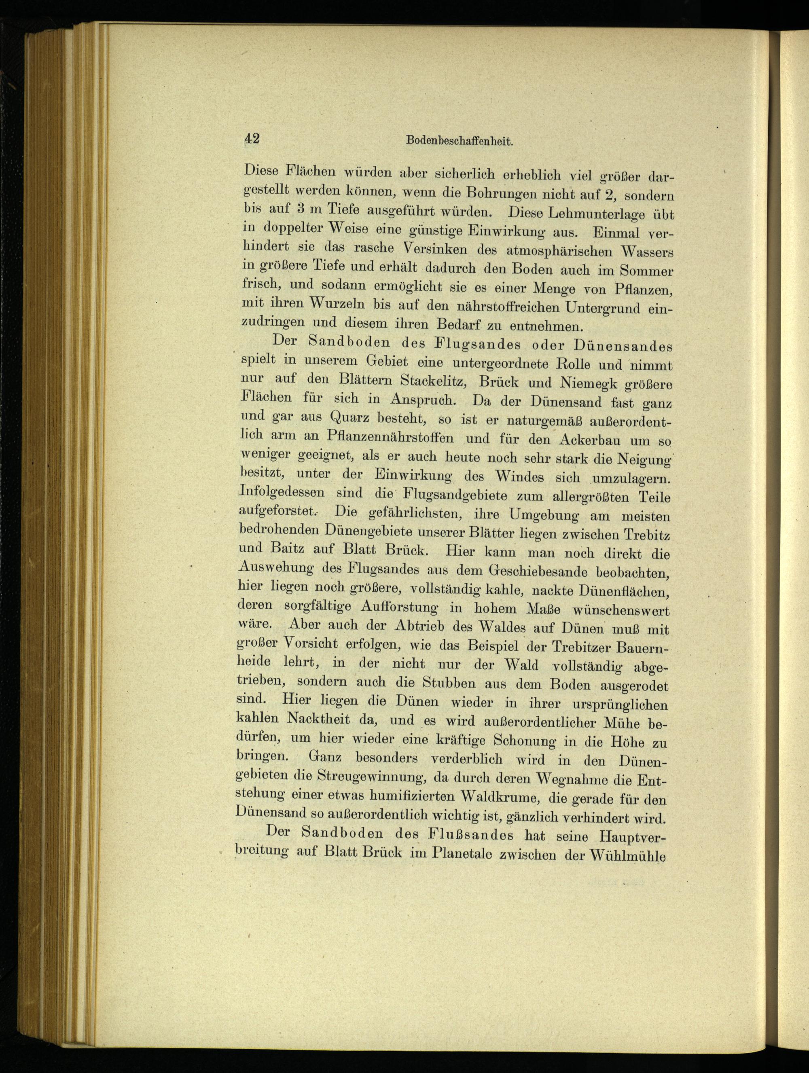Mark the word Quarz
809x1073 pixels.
tap(351, 417)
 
